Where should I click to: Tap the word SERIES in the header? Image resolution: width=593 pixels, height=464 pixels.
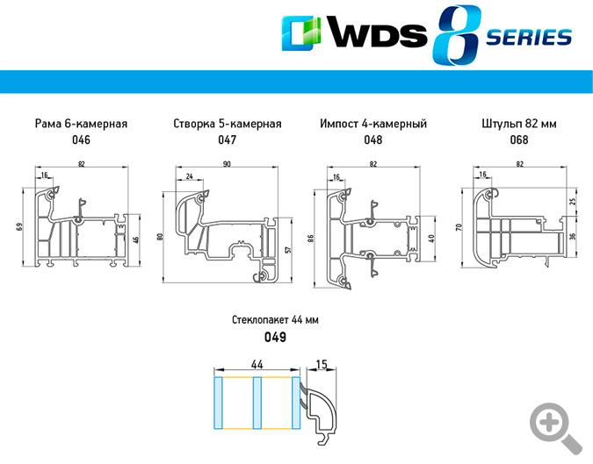point(527,38)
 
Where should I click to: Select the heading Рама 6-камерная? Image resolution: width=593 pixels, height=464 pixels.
point(81,124)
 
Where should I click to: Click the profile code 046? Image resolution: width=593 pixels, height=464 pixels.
point(81,139)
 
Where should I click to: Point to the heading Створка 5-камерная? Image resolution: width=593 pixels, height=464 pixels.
point(228,124)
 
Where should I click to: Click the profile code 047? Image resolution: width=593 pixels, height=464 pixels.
point(228,139)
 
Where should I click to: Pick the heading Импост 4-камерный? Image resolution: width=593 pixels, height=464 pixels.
point(373,124)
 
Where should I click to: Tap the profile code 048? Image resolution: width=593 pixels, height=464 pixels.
point(373,139)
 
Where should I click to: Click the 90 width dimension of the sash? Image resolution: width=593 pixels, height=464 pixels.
point(227,164)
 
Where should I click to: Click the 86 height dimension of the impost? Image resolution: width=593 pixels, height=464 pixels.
point(313,238)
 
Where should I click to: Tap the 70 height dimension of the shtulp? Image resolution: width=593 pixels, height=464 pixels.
point(459,227)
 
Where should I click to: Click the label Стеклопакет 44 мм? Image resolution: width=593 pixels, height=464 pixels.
point(276,320)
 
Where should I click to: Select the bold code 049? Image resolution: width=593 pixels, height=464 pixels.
point(276,337)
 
